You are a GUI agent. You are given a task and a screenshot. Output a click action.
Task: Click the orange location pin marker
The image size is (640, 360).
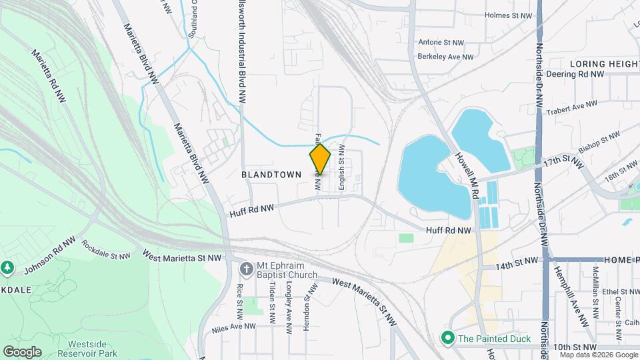coord(320,159)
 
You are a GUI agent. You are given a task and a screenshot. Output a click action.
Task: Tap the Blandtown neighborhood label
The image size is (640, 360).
coord(271,174)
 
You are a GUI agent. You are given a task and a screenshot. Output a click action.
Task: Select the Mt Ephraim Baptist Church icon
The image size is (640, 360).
coord(247,269)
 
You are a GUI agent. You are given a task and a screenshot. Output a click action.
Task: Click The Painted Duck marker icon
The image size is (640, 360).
coord(449,339)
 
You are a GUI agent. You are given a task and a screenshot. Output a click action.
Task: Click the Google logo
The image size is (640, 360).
coord(22,352)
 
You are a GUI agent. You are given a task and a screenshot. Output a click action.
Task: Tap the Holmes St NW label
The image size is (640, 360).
coord(509,15)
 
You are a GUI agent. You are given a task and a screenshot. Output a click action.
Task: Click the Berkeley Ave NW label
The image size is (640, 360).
coord(446,57)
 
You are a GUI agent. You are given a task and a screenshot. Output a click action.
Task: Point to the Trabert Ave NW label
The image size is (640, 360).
coord(573,106)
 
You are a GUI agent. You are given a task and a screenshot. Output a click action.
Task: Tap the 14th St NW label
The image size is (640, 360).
coord(517,265)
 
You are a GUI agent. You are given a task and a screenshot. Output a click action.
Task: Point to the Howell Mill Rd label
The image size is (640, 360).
coord(468,175)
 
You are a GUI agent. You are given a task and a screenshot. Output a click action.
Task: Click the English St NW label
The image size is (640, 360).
coord(341,168)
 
